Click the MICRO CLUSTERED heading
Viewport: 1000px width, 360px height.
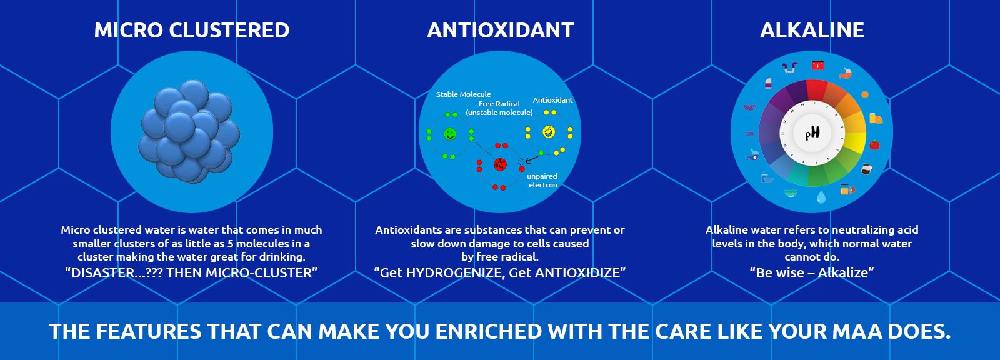pos(191,31)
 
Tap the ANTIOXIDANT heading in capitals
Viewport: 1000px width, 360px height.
pos(501,31)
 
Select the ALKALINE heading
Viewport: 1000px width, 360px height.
pos(812,31)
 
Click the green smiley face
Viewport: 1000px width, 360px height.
pos(450,134)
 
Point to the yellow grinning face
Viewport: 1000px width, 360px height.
pos(549,132)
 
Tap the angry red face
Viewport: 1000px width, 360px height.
pos(500,164)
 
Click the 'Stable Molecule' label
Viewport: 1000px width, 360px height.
pos(463,94)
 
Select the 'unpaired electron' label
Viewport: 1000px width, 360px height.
pos(542,181)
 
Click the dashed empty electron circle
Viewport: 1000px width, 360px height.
pos(521,162)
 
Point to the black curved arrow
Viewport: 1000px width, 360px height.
pos(532,157)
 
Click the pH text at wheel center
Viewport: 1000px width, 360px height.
pos(812,132)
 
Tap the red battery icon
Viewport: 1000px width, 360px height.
pos(817,65)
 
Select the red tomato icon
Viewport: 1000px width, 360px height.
pos(874,145)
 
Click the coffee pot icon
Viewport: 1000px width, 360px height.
pos(866,169)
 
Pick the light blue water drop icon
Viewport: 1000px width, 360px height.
pos(821,197)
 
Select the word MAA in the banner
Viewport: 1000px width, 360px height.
pos(857,331)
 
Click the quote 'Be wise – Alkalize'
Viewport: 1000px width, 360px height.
pos(812,273)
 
